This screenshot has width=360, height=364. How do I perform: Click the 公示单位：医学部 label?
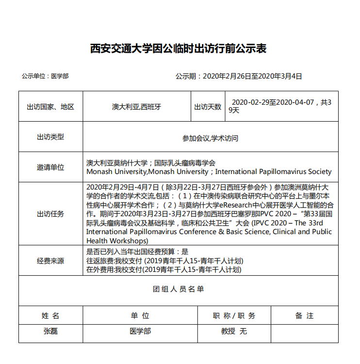pos(45,76)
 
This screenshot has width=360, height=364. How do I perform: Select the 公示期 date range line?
pos(239,76)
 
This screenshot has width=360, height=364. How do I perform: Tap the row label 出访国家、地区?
pos(50,107)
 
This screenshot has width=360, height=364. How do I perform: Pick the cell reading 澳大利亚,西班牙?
pos(136,107)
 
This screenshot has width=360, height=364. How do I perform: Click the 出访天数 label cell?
pos(208,107)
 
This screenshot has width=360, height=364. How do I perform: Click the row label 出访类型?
pos(50,137)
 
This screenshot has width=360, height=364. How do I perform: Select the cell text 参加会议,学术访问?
pos(210,138)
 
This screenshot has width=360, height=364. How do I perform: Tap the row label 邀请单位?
pos(50,167)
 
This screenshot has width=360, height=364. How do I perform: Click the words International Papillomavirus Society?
pos(273,172)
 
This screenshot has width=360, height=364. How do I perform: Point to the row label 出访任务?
pos(50,214)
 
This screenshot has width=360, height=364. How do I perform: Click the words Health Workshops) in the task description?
pos(117,240)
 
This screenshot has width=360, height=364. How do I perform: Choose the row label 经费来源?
pos(50,261)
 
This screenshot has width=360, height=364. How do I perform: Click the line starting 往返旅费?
pos(165,261)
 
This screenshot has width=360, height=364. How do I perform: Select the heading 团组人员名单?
pos(179,289)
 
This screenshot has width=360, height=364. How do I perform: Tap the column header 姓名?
pos(50,316)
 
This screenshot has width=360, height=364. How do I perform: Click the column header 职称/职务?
pos(234,316)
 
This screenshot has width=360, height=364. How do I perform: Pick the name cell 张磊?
pos(50,332)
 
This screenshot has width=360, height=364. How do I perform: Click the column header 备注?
pos(304,316)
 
